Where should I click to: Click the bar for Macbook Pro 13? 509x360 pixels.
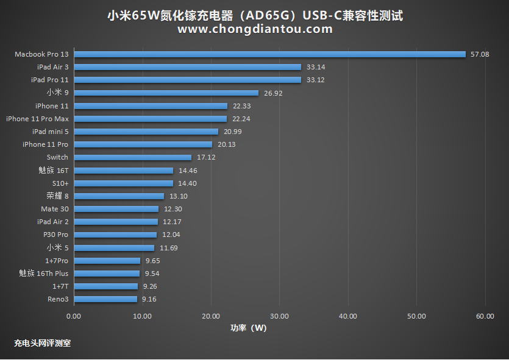[x=269, y=54]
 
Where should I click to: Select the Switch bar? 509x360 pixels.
[x=132, y=157]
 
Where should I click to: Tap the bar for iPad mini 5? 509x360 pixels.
[x=146, y=132]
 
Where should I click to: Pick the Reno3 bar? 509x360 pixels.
[x=105, y=299]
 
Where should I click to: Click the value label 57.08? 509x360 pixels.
[x=480, y=54]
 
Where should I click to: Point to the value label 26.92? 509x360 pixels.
[x=273, y=93]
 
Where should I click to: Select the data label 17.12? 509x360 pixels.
[x=206, y=157]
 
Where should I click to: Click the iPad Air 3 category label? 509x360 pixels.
[x=52, y=67]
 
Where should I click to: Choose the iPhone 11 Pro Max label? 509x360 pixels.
[x=37, y=119]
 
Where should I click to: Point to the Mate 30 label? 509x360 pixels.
[x=55, y=209]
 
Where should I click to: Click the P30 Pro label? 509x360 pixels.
[x=55, y=235]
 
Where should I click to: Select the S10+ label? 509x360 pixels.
[x=60, y=183]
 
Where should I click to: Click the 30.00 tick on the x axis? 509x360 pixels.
[x=279, y=316]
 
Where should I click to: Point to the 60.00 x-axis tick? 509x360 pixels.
[x=485, y=316]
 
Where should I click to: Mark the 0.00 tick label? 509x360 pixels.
[x=73, y=316]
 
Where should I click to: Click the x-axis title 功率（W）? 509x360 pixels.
[x=248, y=328]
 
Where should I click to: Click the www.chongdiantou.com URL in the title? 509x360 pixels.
[x=255, y=29]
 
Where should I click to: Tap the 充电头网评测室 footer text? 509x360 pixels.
[x=42, y=343]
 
